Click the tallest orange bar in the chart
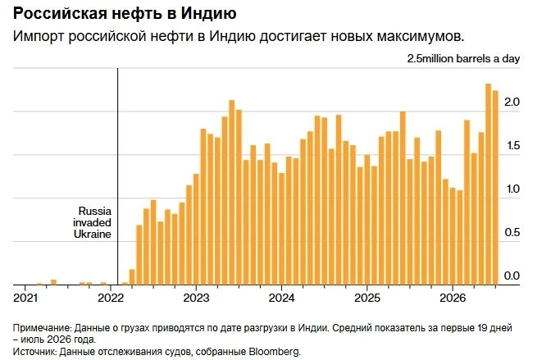[x=488, y=185]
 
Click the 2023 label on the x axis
[x=196, y=298]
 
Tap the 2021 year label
[x=25, y=298]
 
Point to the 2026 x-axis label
[x=453, y=298]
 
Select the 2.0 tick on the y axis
[x=512, y=102]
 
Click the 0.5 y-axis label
[x=512, y=232]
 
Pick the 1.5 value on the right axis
[x=512, y=145]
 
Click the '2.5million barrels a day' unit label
[x=463, y=59]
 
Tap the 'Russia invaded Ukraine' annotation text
[x=92, y=222]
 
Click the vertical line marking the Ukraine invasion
[x=118, y=176]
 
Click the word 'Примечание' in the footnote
[x=42, y=328]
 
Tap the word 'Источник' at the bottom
[x=34, y=352]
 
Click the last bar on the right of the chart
[x=495, y=188]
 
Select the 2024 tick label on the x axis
[x=281, y=298]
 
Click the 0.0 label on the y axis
[x=512, y=276]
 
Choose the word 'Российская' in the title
[x=60, y=14]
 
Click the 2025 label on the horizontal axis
[x=367, y=298]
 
